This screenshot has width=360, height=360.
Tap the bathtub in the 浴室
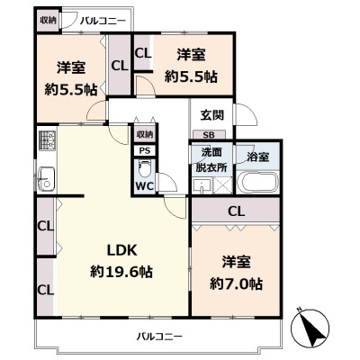pos(257,182)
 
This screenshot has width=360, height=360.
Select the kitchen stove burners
pos(47,140)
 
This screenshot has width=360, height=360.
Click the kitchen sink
pos(46,178)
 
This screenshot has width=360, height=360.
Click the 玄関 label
pos(212,115)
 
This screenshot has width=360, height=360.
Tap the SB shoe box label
pos(209,135)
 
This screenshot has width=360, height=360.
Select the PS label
pos(145,151)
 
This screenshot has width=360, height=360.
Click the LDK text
pos(122,250)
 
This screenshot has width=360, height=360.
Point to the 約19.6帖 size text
pos(121,272)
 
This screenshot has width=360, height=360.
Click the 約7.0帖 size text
pos(236,283)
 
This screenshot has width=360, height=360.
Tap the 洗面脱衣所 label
pos(211,160)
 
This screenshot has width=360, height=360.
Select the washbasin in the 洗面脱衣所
pos(202,186)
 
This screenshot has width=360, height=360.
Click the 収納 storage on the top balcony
pos(48,21)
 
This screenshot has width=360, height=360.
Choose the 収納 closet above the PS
pos(145,135)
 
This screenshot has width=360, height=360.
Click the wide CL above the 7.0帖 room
pos(236,211)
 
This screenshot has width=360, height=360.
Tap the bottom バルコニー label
pos(159,337)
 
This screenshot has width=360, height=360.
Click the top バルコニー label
pos(103,22)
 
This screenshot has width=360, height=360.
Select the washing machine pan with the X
pos(222,186)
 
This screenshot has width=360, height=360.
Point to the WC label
pos(145,186)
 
